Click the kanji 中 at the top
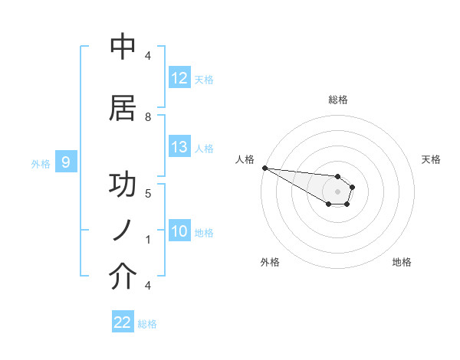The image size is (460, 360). click(x=123, y=47)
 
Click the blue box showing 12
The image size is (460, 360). click(x=179, y=78)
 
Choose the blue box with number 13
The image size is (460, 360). click(x=179, y=148)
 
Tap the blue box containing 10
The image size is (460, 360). click(x=179, y=232)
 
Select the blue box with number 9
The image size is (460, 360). click(x=66, y=162)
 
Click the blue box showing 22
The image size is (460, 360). click(x=123, y=322)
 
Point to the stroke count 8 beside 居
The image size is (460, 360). click(x=148, y=116)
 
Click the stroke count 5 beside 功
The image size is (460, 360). click(x=148, y=193)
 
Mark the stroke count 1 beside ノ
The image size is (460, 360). click(x=148, y=240)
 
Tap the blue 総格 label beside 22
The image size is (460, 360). click(x=147, y=324)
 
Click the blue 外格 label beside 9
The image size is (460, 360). click(x=41, y=163)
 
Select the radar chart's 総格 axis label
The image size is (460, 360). click(x=337, y=100)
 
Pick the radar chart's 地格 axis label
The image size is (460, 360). click(x=402, y=262)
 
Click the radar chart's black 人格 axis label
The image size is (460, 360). click(x=245, y=159)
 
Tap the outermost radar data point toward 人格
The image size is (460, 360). click(x=264, y=168)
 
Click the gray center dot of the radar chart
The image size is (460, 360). click(x=337, y=191)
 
